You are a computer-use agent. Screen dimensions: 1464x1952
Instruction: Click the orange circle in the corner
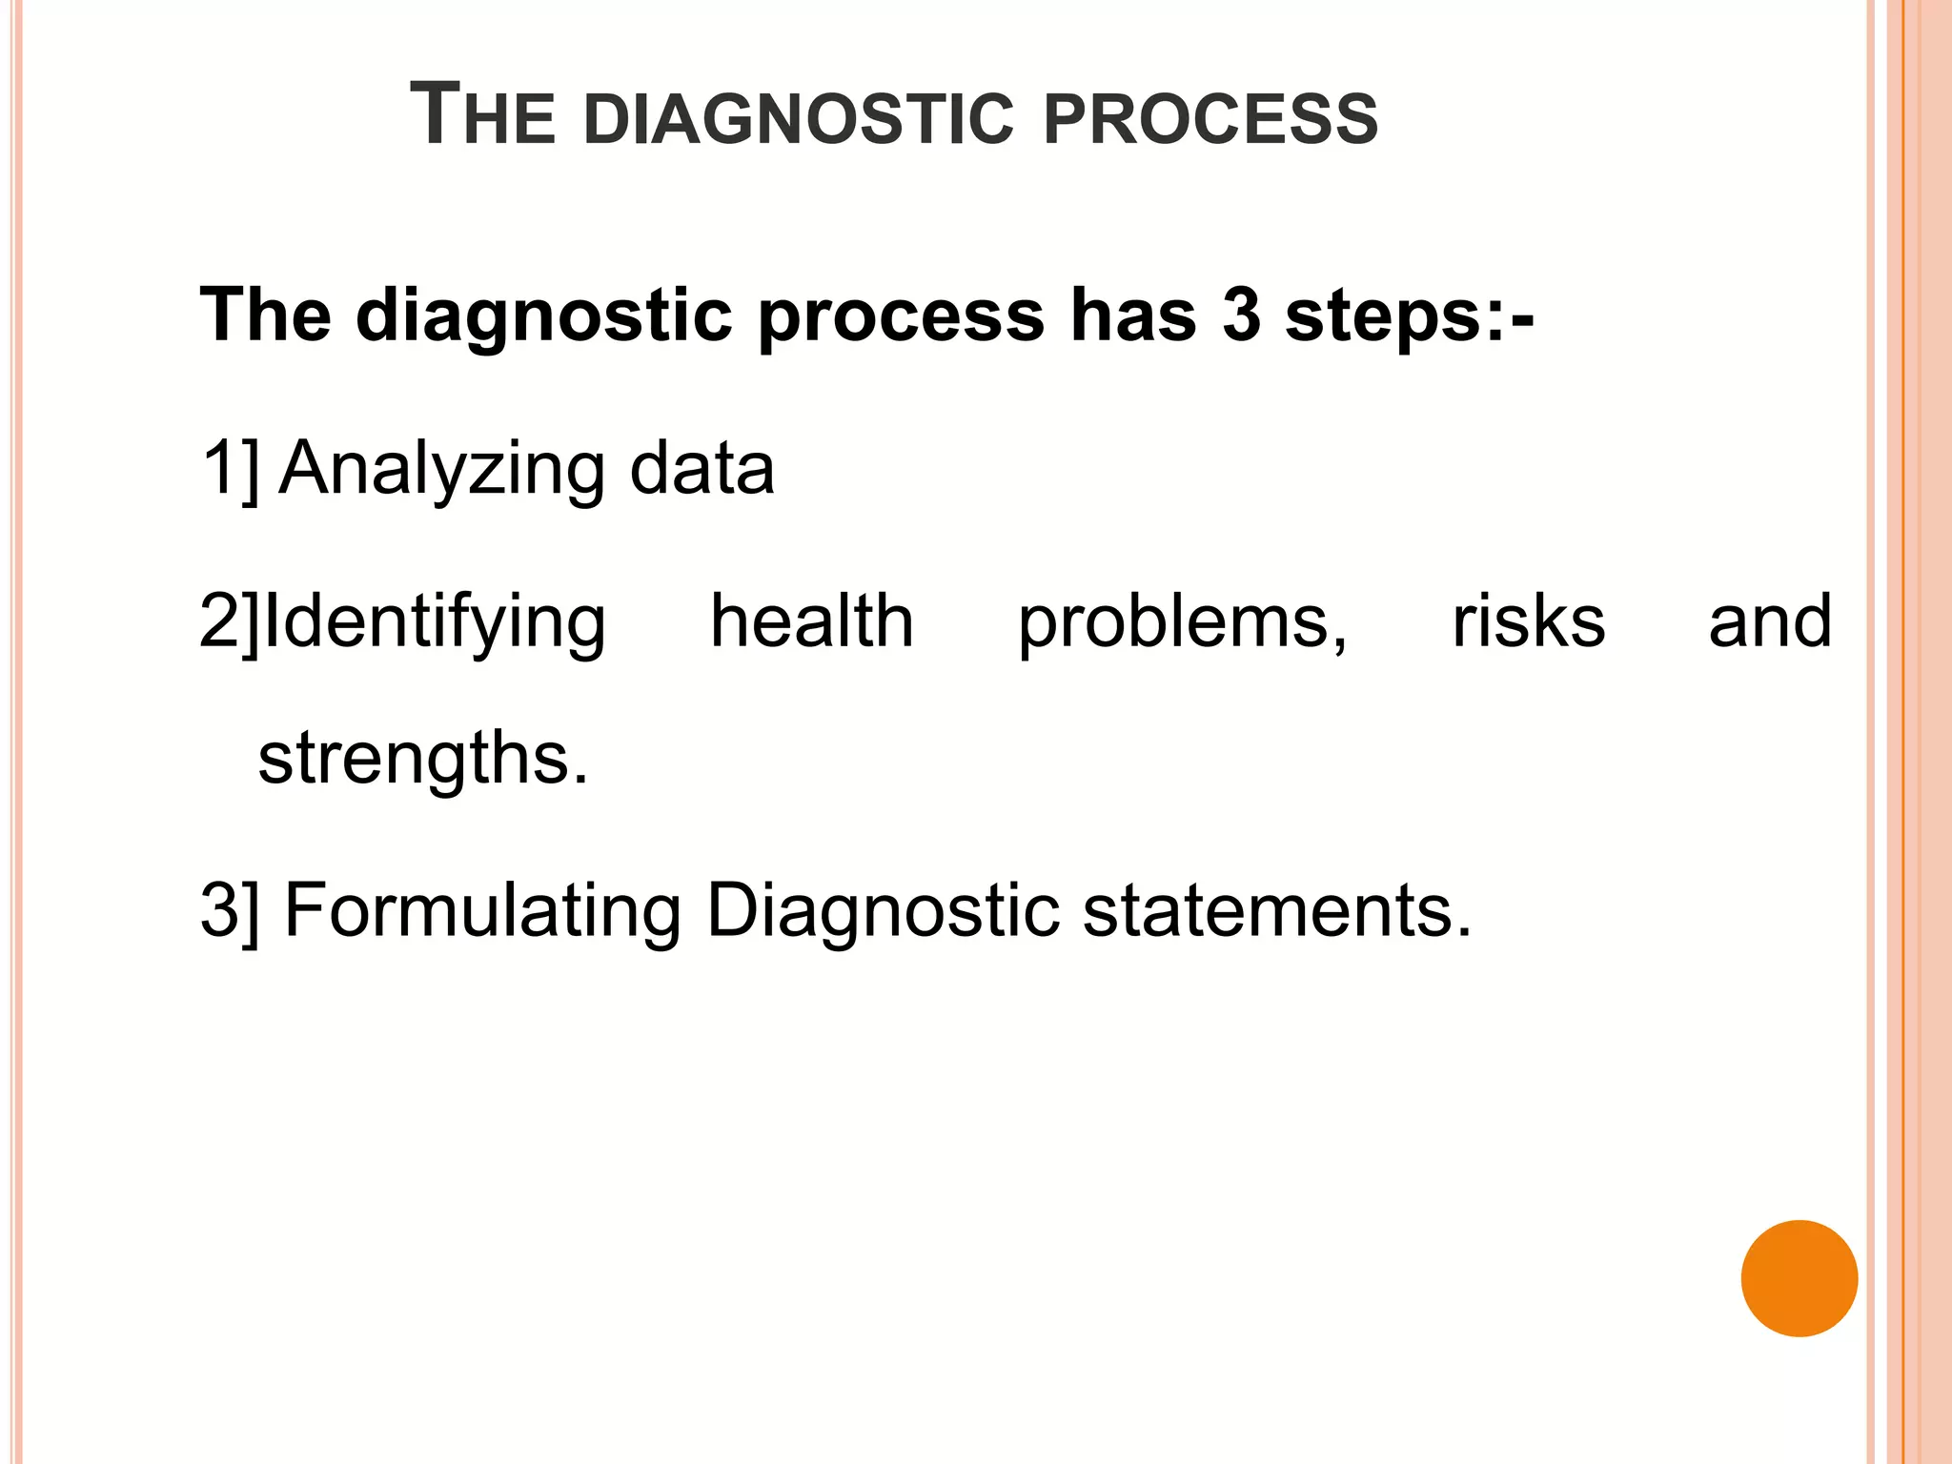(1799, 1278)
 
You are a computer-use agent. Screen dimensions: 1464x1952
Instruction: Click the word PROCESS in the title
(1210, 119)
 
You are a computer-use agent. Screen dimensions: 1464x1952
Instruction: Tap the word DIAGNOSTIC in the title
(799, 119)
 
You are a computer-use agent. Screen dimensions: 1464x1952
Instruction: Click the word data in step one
(701, 468)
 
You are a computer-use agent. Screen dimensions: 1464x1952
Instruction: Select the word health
(812, 621)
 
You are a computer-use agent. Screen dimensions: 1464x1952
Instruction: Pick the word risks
(1528, 621)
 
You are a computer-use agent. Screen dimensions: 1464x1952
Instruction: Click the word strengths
(423, 759)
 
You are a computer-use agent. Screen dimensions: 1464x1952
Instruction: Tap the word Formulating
(482, 911)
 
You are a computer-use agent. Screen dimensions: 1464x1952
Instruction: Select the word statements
(1277, 911)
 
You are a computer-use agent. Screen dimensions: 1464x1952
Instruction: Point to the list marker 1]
(230, 469)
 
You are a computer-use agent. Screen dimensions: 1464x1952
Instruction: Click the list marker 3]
(230, 911)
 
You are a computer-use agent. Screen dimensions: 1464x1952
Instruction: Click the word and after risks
(1770, 621)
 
